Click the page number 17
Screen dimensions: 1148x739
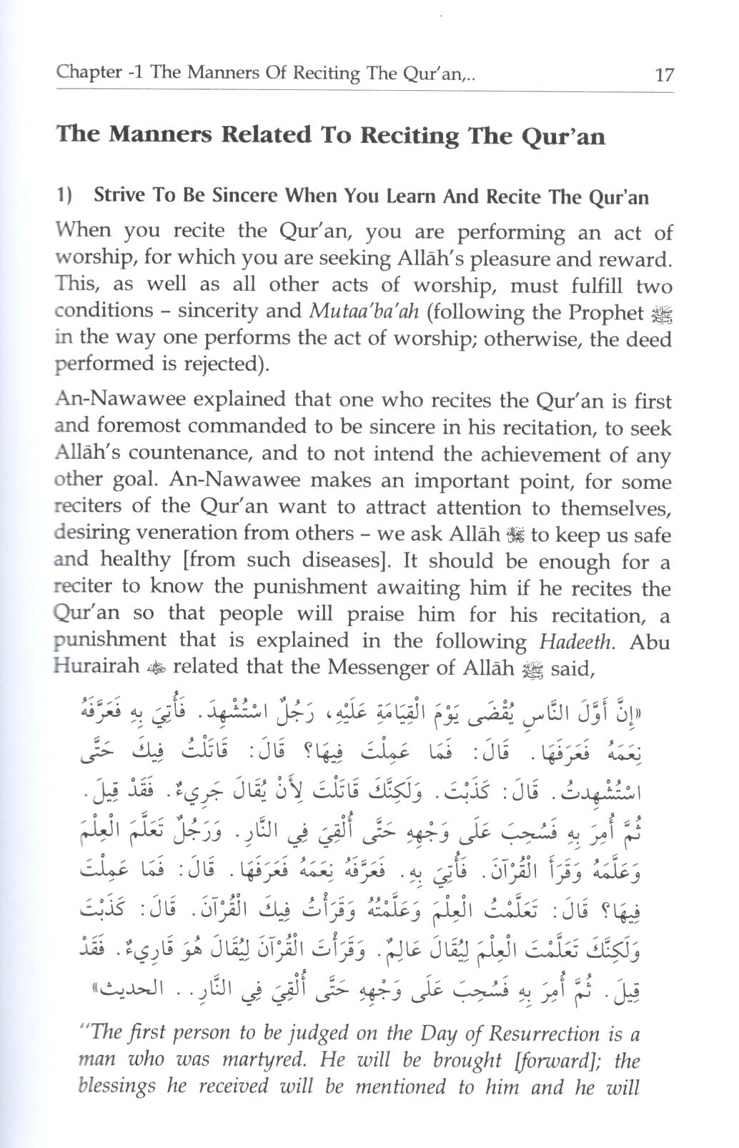point(664,74)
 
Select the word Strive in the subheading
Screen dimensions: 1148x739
point(118,195)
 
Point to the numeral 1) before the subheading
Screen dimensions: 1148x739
point(64,195)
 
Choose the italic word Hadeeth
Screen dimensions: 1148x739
point(575,641)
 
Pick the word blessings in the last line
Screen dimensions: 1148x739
point(116,1087)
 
